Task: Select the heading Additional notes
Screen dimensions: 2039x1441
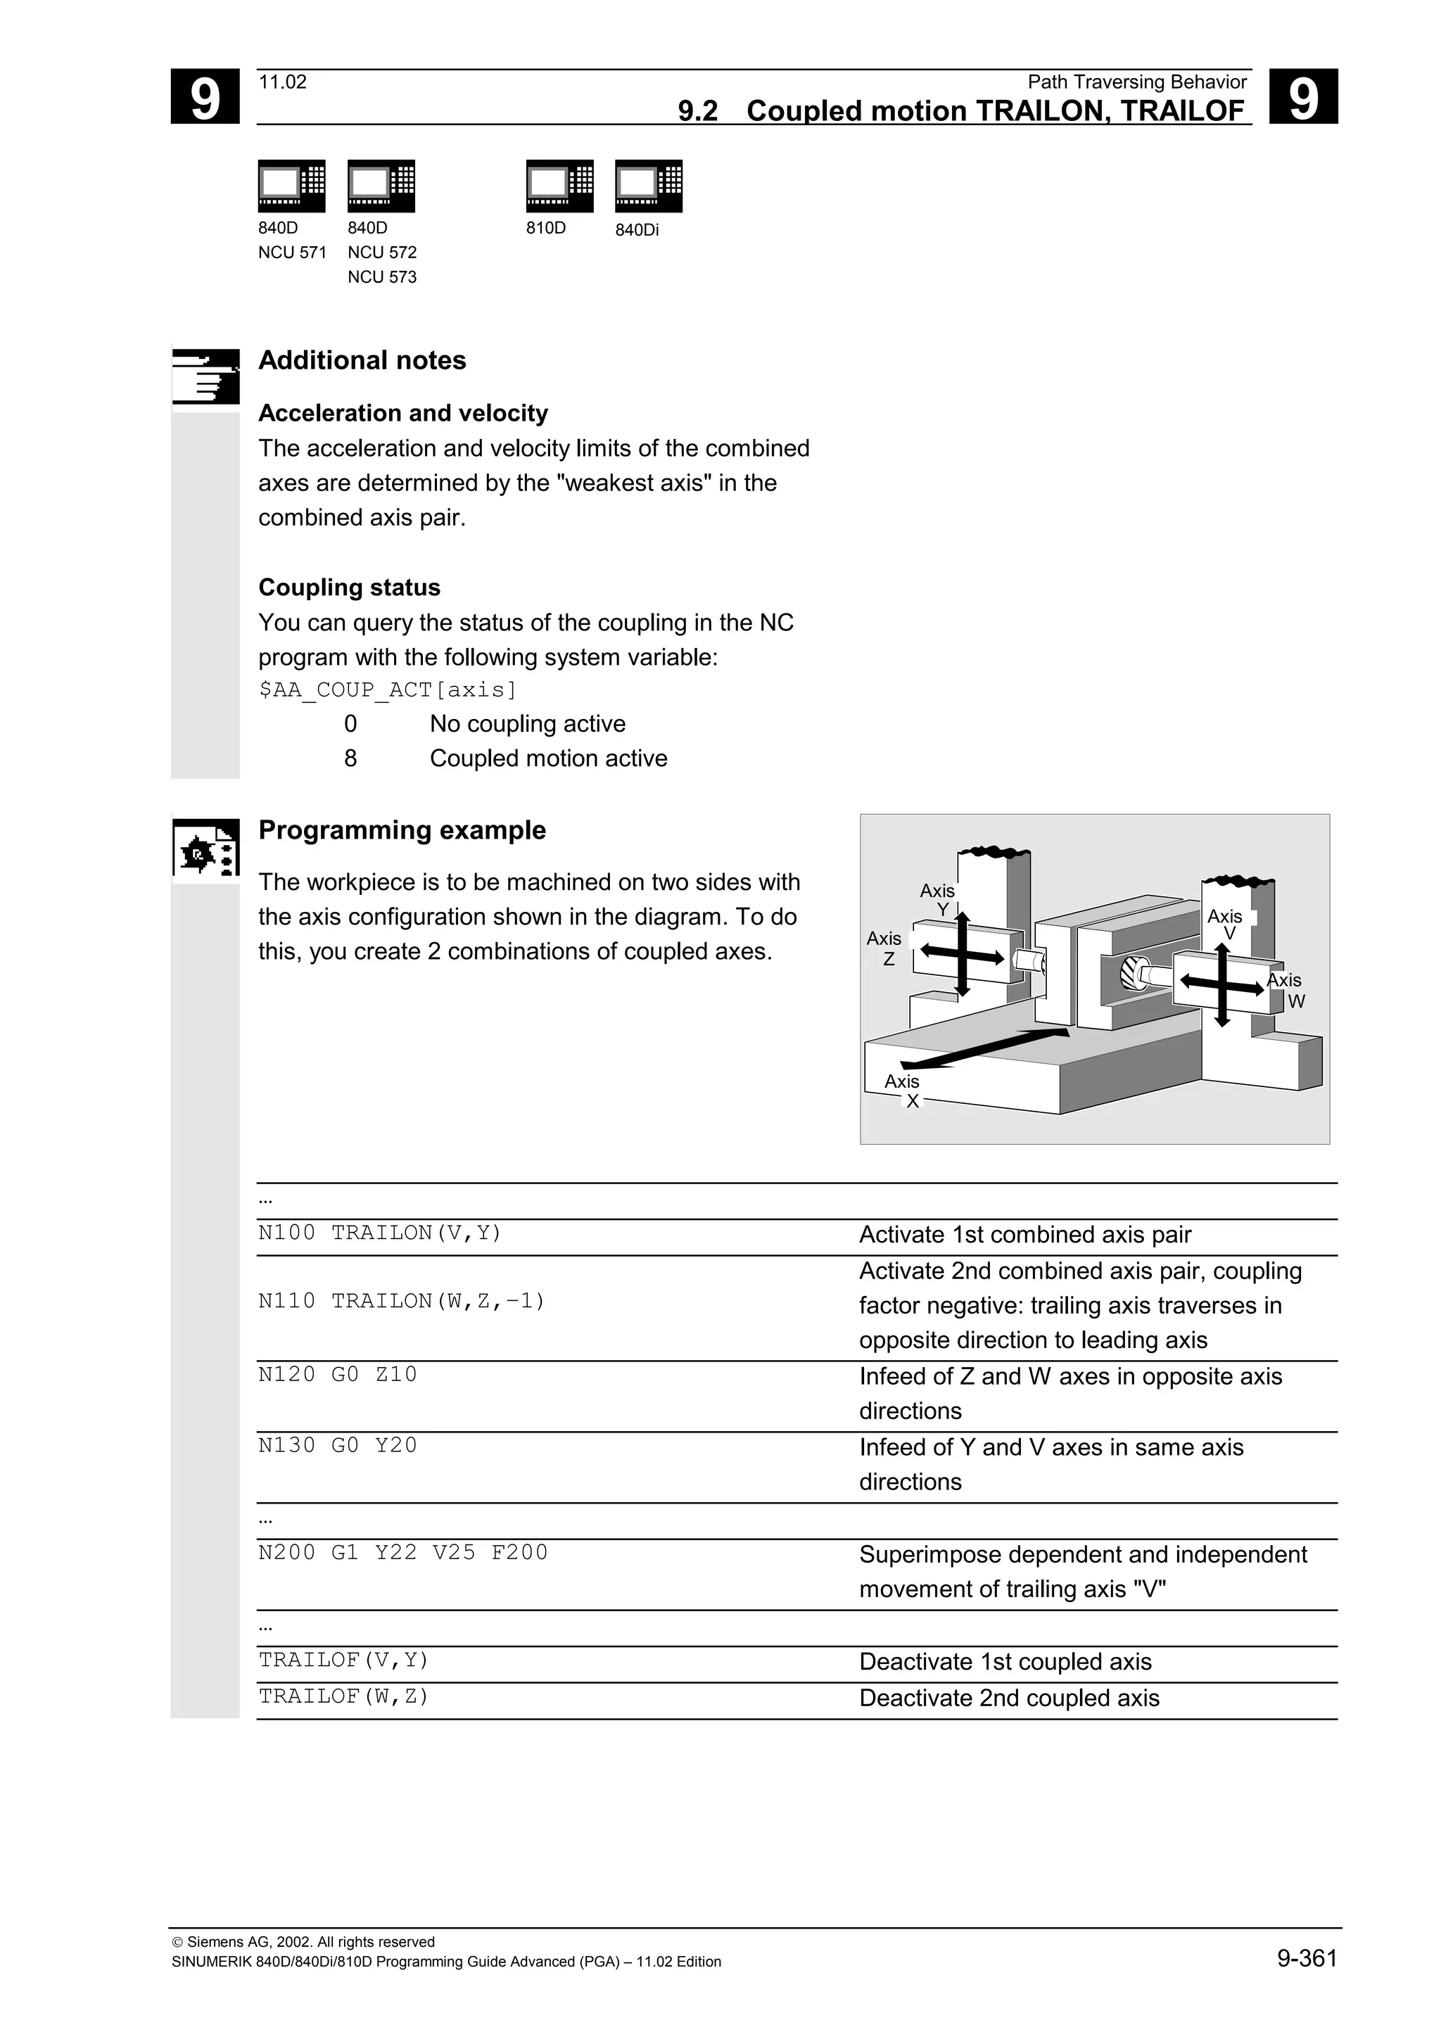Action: (x=362, y=360)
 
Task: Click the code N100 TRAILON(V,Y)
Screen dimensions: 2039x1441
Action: (x=380, y=1233)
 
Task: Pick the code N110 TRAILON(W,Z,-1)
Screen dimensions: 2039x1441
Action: (x=401, y=1301)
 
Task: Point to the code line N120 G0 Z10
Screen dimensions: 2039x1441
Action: (x=338, y=1375)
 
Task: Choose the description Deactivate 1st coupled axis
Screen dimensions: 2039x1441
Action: (x=1004, y=1662)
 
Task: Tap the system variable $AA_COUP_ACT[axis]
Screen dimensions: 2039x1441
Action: (x=387, y=690)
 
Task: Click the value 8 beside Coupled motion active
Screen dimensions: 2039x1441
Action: (x=350, y=758)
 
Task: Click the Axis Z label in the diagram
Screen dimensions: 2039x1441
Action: (x=884, y=948)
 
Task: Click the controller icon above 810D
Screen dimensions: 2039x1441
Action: (x=559, y=186)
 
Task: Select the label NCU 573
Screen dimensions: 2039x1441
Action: (x=382, y=277)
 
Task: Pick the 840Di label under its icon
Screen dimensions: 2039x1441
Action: (x=637, y=230)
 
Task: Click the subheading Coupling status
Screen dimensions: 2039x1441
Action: (x=349, y=588)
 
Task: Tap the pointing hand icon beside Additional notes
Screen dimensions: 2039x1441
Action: (x=205, y=376)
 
